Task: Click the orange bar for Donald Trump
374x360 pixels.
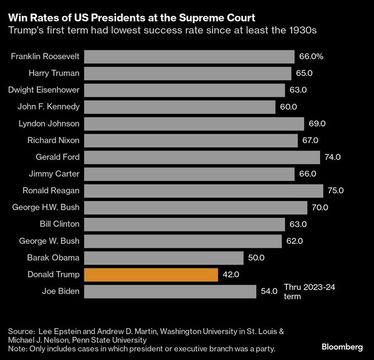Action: (151, 274)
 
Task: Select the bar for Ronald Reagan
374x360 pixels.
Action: (204, 190)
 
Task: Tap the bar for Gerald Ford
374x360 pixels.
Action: (202, 157)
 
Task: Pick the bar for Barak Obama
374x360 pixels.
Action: (164, 258)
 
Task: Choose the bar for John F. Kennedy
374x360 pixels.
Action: (180, 107)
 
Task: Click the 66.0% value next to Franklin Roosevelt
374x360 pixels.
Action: (311, 57)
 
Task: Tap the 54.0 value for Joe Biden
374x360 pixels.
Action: (268, 291)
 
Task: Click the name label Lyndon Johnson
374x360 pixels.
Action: (49, 123)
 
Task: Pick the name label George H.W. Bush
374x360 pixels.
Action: (46, 208)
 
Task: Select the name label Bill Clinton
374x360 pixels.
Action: (59, 224)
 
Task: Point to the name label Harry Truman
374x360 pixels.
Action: (54, 73)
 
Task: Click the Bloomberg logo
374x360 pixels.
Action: (342, 347)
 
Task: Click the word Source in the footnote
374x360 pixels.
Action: (21, 331)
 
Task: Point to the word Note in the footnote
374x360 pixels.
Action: (18, 348)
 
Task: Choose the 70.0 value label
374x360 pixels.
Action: (320, 208)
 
